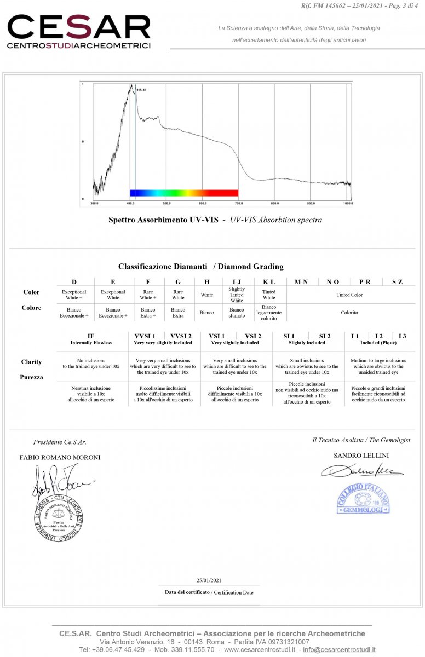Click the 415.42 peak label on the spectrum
[x=141, y=90]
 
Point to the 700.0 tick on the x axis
[x=238, y=203]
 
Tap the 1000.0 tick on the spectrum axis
[x=347, y=203]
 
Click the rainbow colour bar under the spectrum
[x=183, y=193]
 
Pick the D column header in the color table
[x=74, y=282]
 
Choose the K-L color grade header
[x=269, y=282]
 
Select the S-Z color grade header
[x=398, y=282]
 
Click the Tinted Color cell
[x=349, y=295]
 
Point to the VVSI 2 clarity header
[x=181, y=336]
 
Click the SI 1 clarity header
[x=289, y=336]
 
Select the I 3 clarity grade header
[x=403, y=336]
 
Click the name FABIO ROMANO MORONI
[x=60, y=457]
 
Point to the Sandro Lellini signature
[x=362, y=470]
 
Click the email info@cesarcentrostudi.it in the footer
[x=339, y=649]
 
